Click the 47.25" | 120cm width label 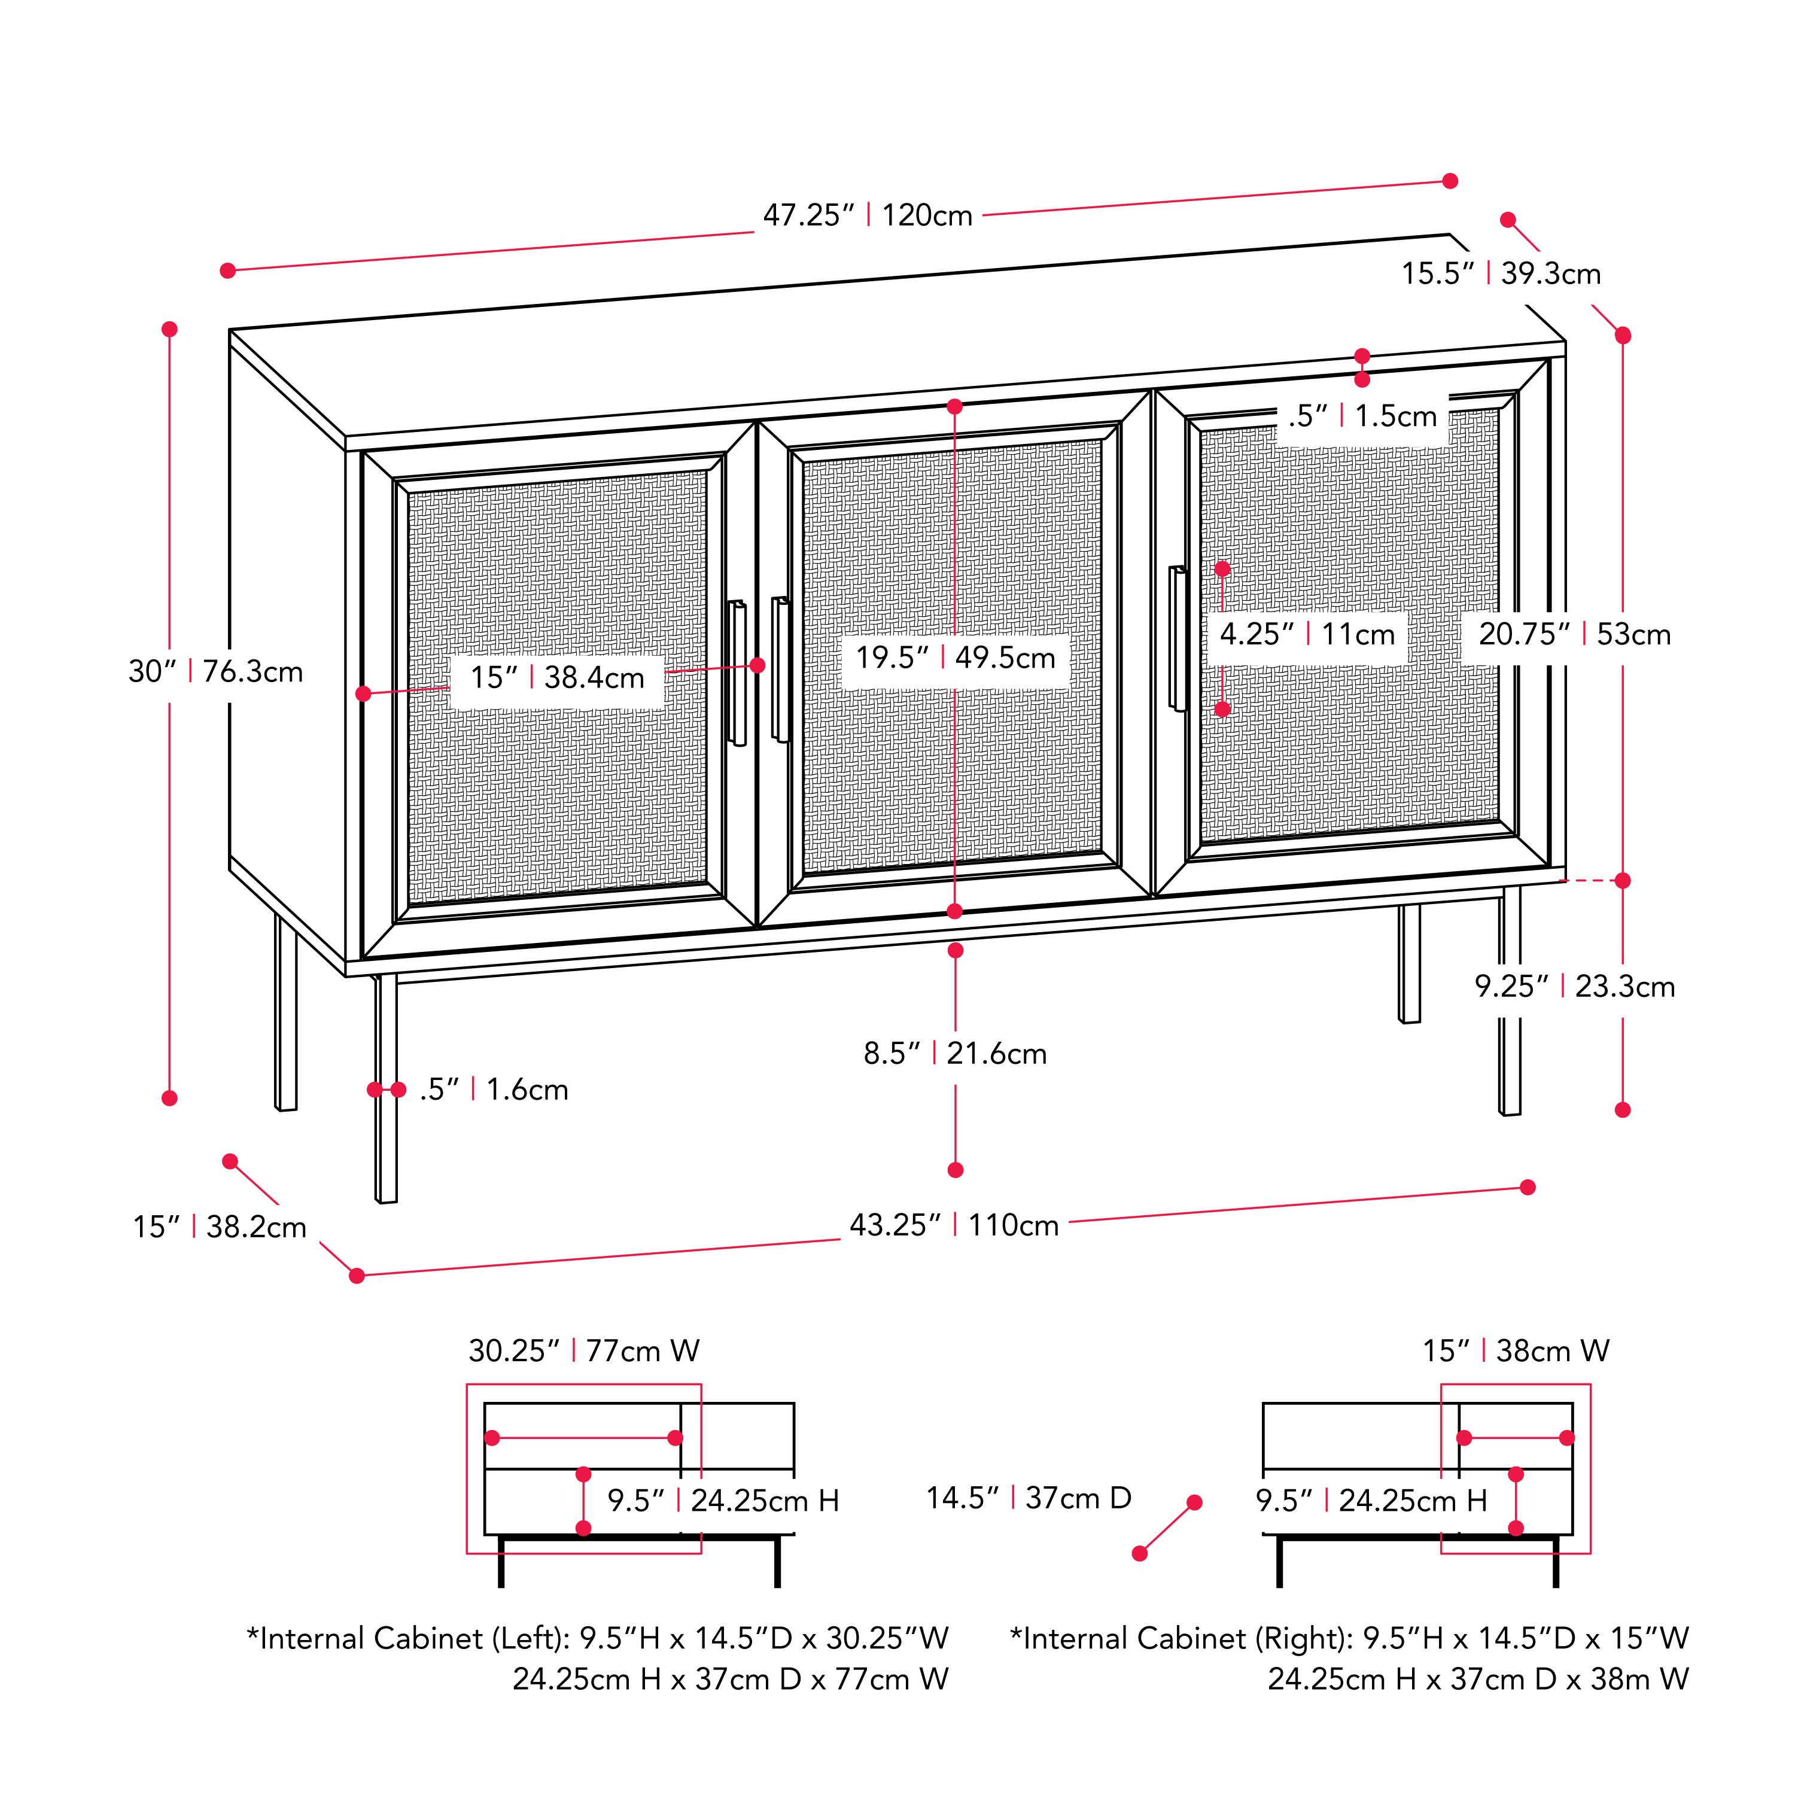(x=867, y=215)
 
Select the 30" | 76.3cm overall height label (x=215, y=672)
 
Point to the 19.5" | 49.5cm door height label (x=955, y=658)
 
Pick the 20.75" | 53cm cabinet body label (x=1574, y=635)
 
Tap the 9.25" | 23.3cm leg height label (x=1574, y=986)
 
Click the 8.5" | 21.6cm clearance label (x=954, y=1054)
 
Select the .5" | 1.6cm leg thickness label (x=494, y=1089)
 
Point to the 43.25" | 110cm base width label (x=953, y=1225)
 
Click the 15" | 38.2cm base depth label (x=219, y=1227)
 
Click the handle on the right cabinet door (x=1178, y=638)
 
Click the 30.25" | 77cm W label (x=583, y=1350)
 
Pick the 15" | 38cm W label (x=1516, y=1350)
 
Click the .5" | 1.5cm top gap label (x=1362, y=416)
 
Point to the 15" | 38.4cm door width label (x=556, y=677)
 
